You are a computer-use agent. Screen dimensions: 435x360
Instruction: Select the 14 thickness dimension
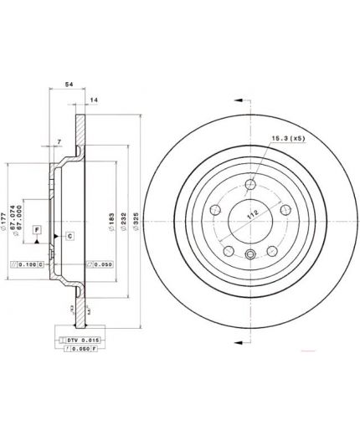click(94, 100)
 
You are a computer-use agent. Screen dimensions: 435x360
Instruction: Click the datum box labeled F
click(37, 228)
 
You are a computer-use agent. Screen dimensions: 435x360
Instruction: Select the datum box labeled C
click(69, 237)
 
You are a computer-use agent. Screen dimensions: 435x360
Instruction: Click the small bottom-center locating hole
click(249, 257)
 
